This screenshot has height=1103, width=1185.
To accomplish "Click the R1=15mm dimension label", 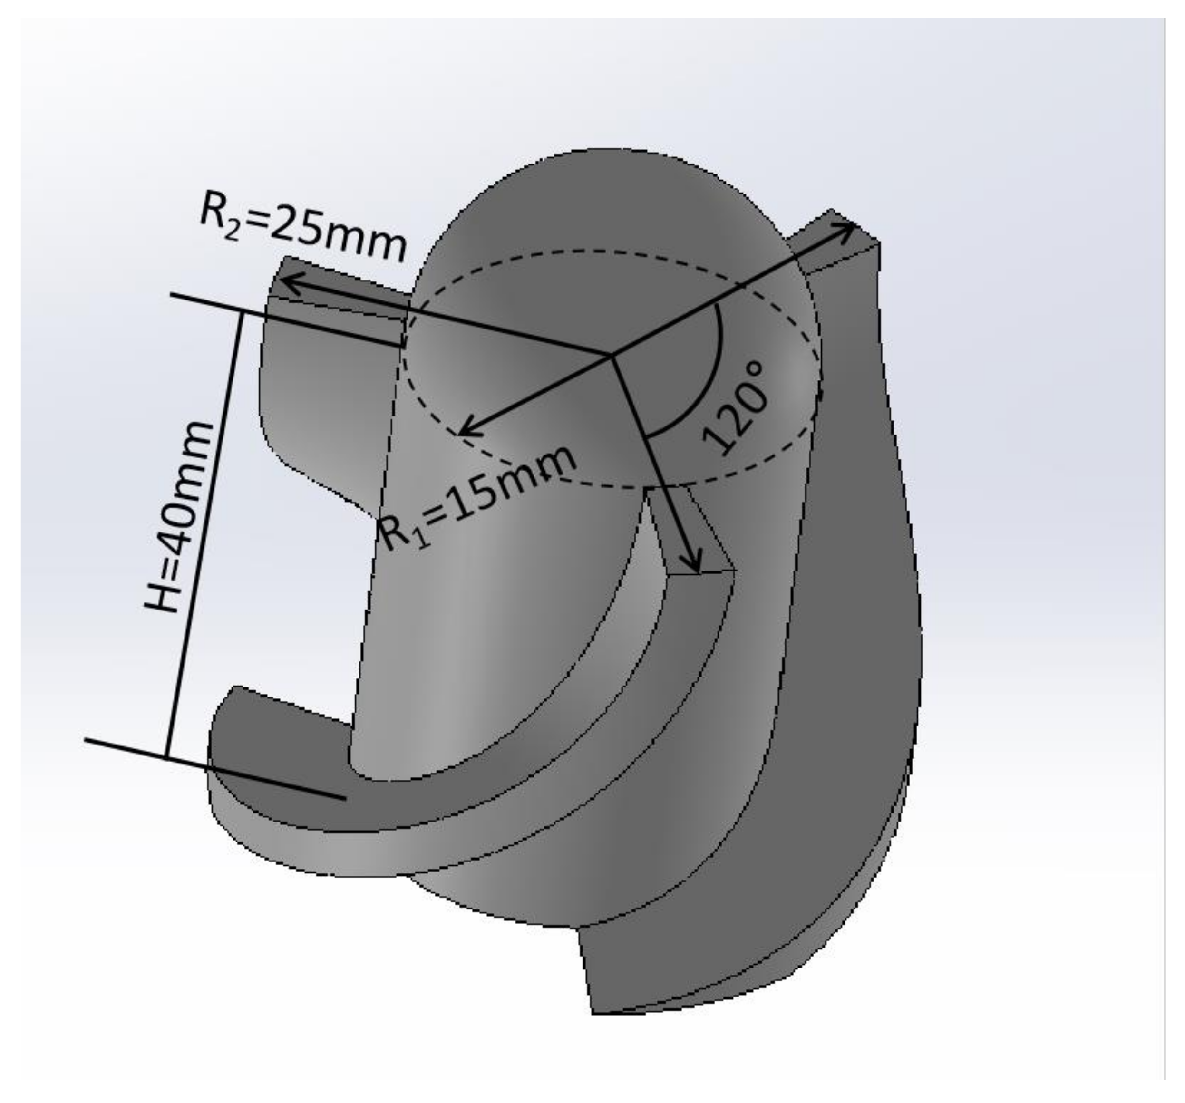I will click(477, 498).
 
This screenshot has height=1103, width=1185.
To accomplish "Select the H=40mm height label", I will click(179, 517).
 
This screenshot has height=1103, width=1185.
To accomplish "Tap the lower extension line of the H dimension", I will click(214, 768).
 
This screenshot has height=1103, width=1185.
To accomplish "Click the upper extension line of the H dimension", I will click(286, 320).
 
